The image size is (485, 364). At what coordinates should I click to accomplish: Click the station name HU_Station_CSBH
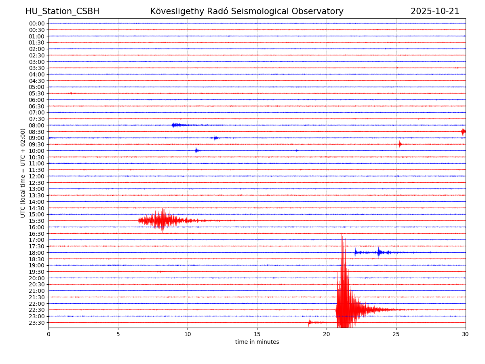coord(62,12)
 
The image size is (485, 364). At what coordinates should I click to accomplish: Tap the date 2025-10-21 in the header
coord(435,12)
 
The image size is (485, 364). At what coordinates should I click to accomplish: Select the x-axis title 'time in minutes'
coord(257,342)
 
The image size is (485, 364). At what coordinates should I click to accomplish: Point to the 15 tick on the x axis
coord(257,334)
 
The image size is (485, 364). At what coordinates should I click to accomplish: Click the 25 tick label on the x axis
coord(396,334)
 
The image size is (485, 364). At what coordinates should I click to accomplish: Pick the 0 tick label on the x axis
coord(48,334)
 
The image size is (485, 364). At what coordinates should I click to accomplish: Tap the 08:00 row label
coord(37,125)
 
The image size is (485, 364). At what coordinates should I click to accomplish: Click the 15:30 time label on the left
coord(37,221)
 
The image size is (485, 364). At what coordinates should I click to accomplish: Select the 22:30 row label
coord(37,310)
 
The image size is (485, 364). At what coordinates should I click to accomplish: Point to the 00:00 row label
coord(37,23)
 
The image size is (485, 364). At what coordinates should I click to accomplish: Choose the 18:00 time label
coord(37,253)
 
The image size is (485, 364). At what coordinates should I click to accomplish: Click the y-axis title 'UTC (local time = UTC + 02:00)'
coord(23,173)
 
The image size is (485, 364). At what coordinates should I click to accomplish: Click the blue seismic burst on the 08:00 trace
coord(175,125)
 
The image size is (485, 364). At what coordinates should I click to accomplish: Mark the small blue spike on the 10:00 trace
coord(196,150)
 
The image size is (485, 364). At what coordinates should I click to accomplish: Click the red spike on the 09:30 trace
coord(400,144)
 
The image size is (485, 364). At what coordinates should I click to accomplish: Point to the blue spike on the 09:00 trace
coord(215,138)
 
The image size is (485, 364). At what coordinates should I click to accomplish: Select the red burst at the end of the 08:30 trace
coord(463,131)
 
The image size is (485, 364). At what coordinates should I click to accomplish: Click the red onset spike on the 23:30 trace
coord(309,322)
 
